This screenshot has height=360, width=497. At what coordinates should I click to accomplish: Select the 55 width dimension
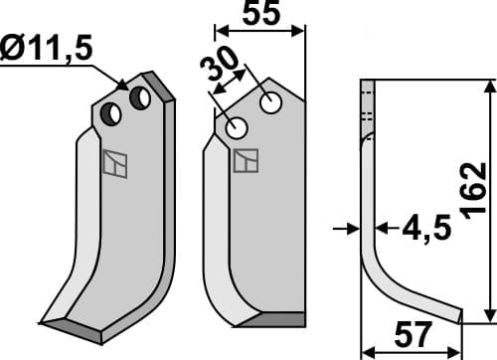[260, 15]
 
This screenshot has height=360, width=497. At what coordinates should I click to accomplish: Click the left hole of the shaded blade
[114, 115]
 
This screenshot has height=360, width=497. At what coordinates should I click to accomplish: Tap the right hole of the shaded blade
[140, 97]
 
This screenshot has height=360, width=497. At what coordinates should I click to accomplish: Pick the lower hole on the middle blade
[238, 127]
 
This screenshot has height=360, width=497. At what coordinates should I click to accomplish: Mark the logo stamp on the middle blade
[246, 160]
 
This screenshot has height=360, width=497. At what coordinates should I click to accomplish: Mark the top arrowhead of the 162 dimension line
[489, 86]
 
